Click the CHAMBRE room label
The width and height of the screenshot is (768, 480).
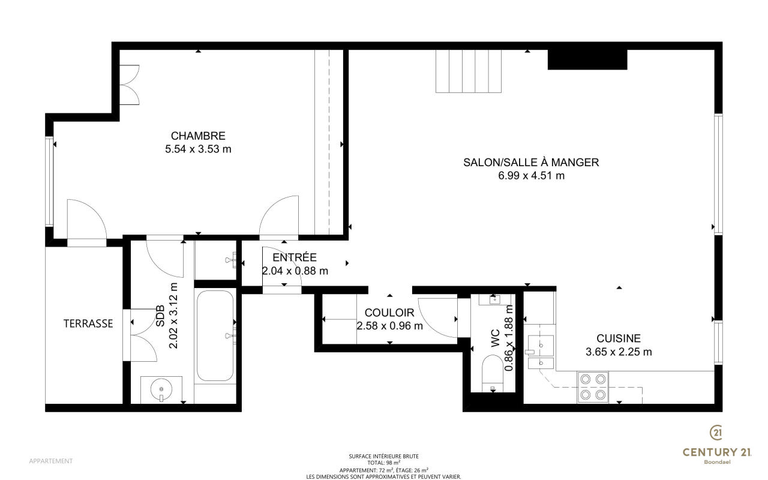(x=198, y=136)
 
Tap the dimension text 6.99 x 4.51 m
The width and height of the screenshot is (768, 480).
(x=531, y=176)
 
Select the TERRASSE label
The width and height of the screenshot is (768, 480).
(x=88, y=323)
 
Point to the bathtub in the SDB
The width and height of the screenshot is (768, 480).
(x=215, y=335)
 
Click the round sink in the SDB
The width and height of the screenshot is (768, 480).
(x=161, y=389)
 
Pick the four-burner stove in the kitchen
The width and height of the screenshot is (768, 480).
(x=593, y=387)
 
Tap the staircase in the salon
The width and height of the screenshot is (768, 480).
(x=469, y=71)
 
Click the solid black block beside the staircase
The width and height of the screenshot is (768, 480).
(x=587, y=59)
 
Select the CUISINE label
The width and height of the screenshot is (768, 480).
(x=619, y=338)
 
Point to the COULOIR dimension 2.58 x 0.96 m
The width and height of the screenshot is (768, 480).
(x=389, y=326)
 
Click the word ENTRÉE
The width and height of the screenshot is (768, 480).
(x=295, y=257)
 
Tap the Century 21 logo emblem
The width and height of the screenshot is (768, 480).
(x=716, y=433)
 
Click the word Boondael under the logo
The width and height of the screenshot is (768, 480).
(x=717, y=462)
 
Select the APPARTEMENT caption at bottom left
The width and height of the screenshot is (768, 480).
(x=51, y=461)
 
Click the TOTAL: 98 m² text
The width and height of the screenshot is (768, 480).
(x=383, y=463)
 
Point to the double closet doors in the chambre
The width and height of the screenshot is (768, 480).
(x=130, y=85)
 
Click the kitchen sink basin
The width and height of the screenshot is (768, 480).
(x=541, y=346)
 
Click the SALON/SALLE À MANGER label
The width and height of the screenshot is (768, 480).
(x=531, y=162)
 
